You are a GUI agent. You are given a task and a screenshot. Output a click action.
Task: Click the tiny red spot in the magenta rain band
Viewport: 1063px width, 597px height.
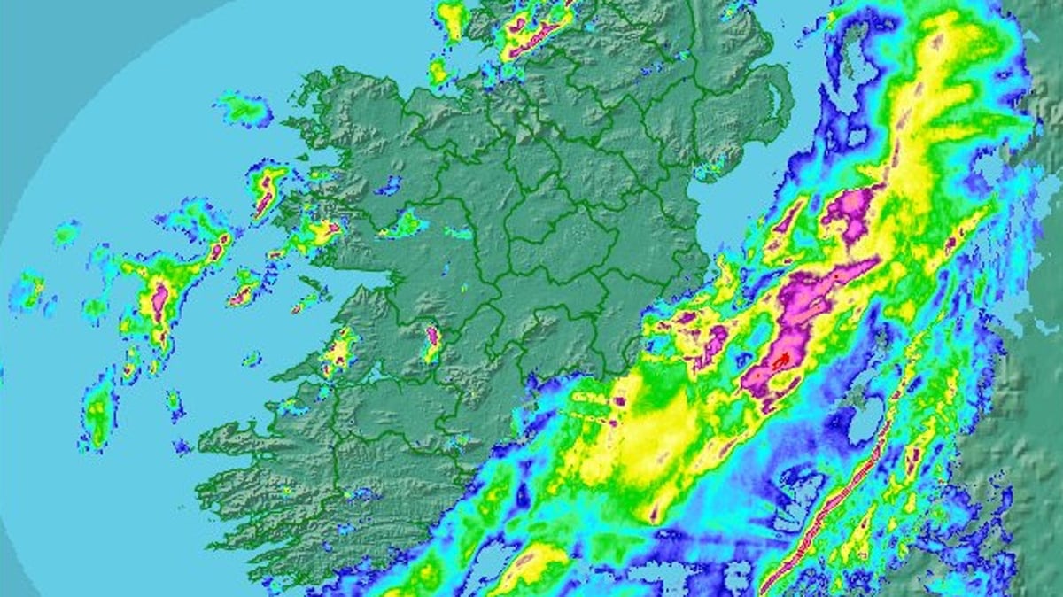pos(781,361)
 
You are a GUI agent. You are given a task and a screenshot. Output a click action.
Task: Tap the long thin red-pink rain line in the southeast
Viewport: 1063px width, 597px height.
pos(833,505)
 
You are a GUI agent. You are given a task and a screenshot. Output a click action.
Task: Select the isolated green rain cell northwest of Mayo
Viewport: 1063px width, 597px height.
pos(244,109)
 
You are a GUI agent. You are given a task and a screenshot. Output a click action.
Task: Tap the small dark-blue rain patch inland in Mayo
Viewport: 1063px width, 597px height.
pos(387,185)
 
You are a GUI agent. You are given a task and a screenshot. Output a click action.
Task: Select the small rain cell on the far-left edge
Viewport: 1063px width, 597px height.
pos(29,290)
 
